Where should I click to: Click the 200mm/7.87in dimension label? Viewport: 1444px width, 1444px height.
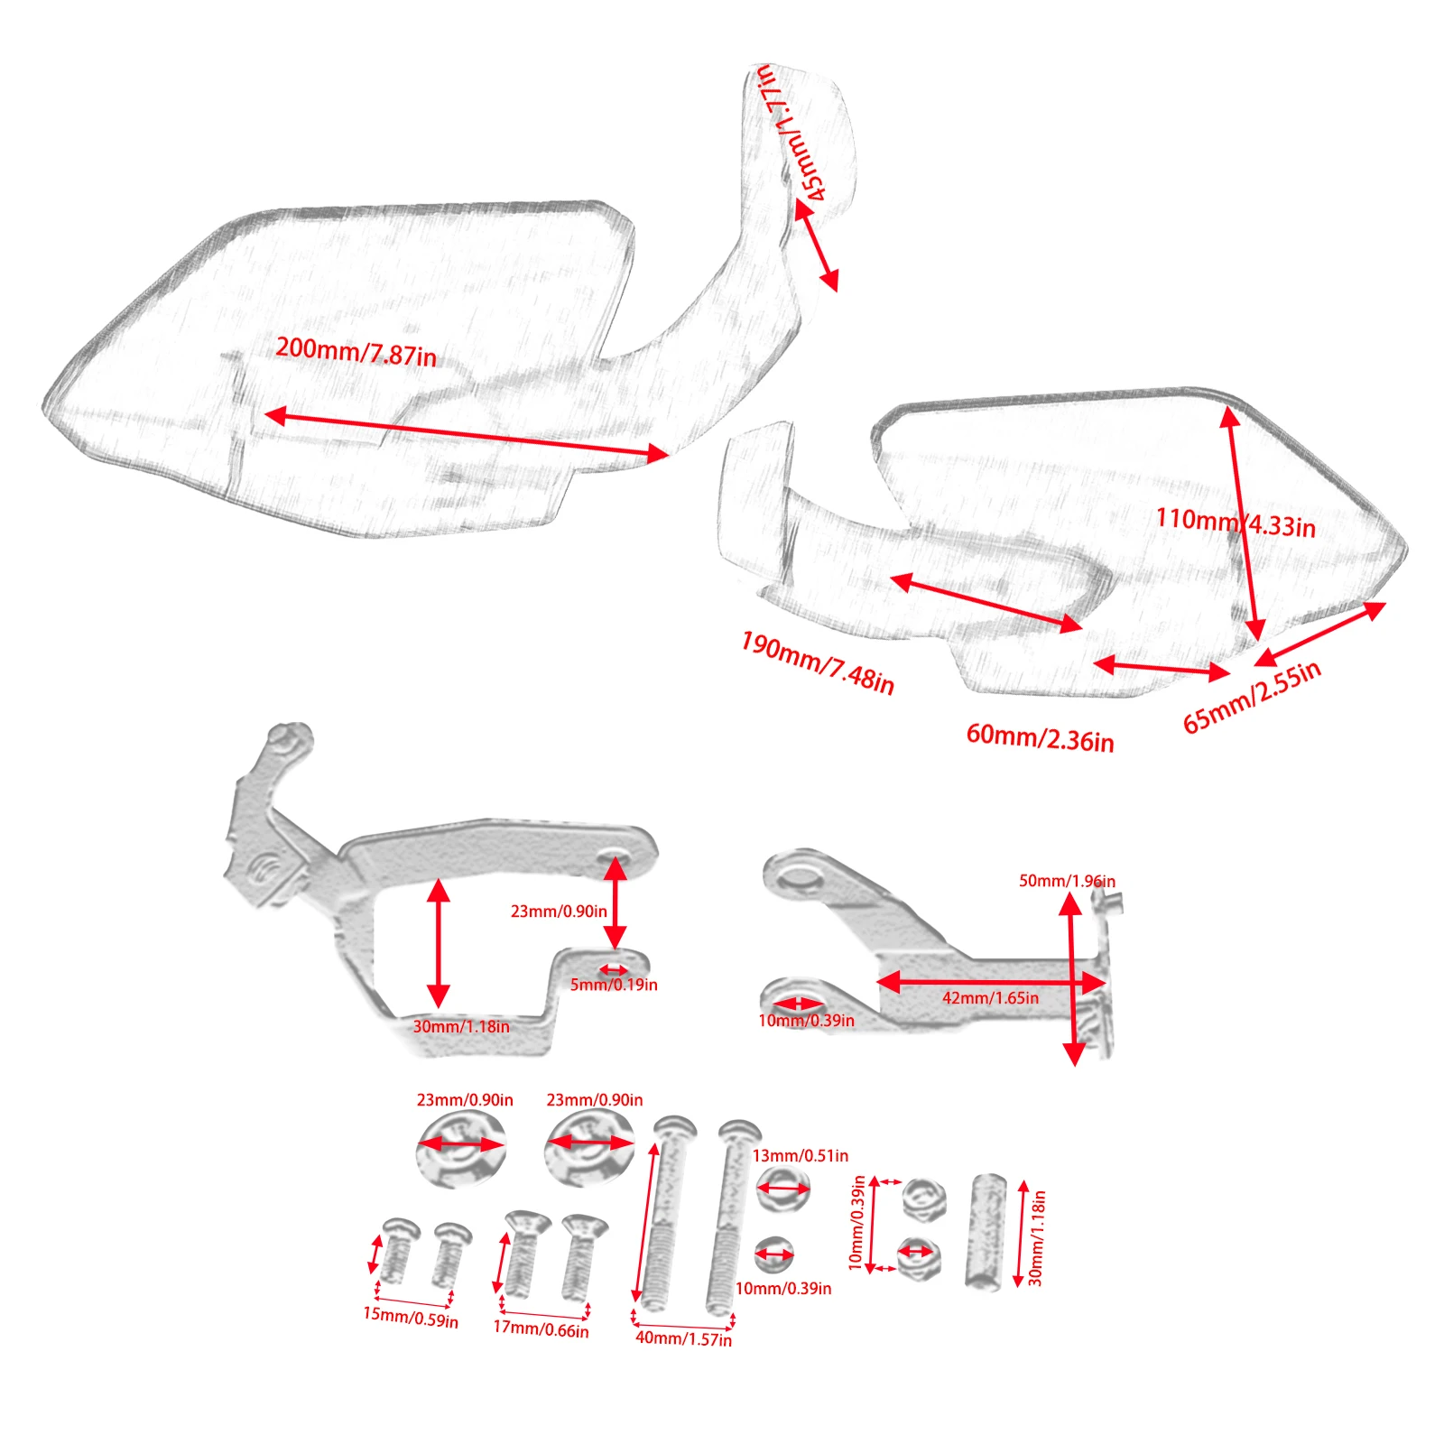(x=356, y=351)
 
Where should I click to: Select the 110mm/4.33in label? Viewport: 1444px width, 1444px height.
(x=1236, y=523)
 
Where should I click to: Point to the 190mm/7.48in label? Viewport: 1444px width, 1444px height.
(x=818, y=663)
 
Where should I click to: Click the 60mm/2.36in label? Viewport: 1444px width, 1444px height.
(x=1040, y=738)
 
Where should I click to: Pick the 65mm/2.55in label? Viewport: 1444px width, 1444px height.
(x=1252, y=697)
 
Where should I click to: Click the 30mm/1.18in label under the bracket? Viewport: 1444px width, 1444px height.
(x=461, y=1027)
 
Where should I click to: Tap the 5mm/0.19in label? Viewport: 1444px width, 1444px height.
(x=614, y=985)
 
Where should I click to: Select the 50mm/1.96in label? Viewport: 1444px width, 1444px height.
(x=1067, y=881)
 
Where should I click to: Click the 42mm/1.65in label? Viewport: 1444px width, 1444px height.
(x=990, y=998)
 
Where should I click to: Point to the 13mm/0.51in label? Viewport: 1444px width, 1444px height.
(x=801, y=1156)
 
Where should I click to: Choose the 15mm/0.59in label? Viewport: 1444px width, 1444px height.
(x=411, y=1318)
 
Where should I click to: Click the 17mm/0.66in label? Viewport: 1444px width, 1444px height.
(x=541, y=1328)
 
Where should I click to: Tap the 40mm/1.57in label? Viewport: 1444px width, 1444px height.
(x=684, y=1338)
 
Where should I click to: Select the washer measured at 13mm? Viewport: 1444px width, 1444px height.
(x=782, y=1189)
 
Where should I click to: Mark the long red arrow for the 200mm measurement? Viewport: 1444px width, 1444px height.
(x=467, y=435)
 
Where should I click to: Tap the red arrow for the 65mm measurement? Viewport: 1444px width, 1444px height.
(x=1319, y=634)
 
